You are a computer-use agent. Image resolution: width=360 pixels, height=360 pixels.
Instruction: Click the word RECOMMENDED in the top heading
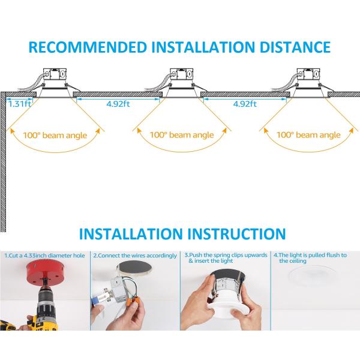[88, 47]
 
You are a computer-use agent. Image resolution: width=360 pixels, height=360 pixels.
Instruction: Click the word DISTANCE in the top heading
[295, 47]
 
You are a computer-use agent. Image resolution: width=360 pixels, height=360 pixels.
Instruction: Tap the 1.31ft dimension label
[20, 104]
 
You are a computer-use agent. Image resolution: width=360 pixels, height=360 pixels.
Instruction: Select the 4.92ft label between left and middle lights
[118, 104]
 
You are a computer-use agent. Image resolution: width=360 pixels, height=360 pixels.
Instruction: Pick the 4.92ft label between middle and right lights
[245, 104]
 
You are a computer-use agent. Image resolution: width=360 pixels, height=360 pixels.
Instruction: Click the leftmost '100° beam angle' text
[55, 135]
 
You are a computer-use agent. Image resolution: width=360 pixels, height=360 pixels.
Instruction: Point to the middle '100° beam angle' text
[182, 135]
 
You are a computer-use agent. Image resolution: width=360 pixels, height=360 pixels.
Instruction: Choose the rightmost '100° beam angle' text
[308, 135]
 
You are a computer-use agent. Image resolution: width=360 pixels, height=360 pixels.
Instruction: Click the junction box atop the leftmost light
[55, 74]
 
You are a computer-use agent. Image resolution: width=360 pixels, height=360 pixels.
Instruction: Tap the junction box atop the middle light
[182, 74]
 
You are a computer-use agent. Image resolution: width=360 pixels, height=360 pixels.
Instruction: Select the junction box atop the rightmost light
[308, 74]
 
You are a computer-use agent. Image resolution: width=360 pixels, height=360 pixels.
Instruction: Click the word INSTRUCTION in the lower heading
[236, 234]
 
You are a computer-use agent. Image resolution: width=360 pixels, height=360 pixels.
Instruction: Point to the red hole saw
[46, 274]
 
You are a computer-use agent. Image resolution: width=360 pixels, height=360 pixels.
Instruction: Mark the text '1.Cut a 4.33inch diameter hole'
[44, 256]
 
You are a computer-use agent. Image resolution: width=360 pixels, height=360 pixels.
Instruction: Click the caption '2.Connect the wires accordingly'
[135, 256]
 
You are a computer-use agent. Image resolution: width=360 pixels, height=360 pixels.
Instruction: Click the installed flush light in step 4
[313, 275]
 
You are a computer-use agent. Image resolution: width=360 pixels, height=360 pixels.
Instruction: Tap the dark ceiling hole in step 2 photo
[134, 268]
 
